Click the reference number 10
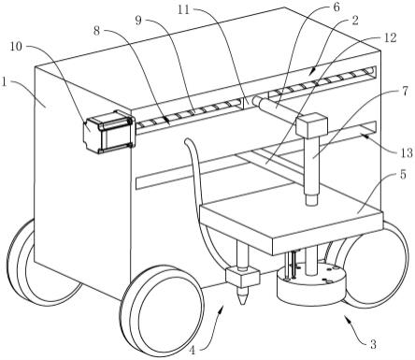coord(16,46)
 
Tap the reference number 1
coord(4,82)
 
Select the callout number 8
coord(97,31)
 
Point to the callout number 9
coord(138,21)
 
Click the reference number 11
coord(184,9)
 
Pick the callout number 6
coord(336,7)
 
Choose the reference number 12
coord(390,37)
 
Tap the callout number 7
coord(405,92)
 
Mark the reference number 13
coord(406,152)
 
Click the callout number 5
coord(403,175)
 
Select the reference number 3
coord(373,344)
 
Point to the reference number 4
coord(193,352)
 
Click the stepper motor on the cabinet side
coord(108,132)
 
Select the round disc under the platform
coord(311,283)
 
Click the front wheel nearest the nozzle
coord(162,310)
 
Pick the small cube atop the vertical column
coord(312,126)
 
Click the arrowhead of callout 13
coord(364,135)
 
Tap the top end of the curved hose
coord(187,141)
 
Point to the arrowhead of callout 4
coord(222,308)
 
